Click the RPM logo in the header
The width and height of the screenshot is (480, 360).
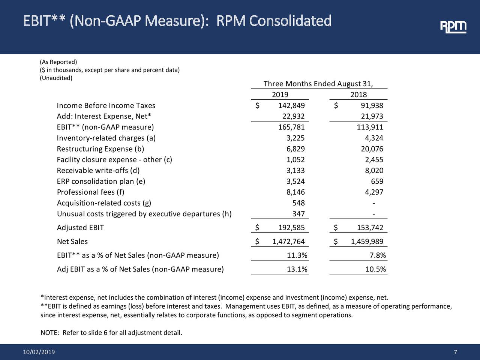[453, 27]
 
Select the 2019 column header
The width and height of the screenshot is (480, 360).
[280, 95]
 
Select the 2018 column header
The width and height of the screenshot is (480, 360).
[358, 95]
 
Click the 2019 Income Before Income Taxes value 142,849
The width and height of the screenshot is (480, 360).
[291, 106]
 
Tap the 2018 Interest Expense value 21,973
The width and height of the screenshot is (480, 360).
[372, 117]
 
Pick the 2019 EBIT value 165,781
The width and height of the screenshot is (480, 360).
[291, 127]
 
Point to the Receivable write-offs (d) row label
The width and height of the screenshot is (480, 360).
[98, 171]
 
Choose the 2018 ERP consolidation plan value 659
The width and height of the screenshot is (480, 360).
[377, 182]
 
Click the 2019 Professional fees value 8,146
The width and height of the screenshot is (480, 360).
[295, 193]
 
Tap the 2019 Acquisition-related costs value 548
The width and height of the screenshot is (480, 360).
[298, 203]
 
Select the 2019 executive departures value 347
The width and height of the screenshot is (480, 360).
[298, 214]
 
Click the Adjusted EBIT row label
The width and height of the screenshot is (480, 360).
[80, 228]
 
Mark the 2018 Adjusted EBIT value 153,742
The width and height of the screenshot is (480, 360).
[370, 228]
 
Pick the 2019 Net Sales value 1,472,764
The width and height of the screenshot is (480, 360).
[288, 242]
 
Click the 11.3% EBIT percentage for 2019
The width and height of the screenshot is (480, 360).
[297, 256]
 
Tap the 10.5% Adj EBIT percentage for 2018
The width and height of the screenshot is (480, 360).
[375, 270]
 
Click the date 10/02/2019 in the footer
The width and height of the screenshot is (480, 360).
[39, 352]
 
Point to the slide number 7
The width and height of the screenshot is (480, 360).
[455, 352]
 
